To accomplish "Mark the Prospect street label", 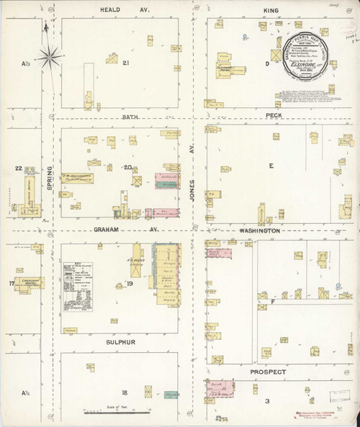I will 268,372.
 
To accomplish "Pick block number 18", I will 125,392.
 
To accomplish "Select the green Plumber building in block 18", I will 171,395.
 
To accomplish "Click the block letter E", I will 271,166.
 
